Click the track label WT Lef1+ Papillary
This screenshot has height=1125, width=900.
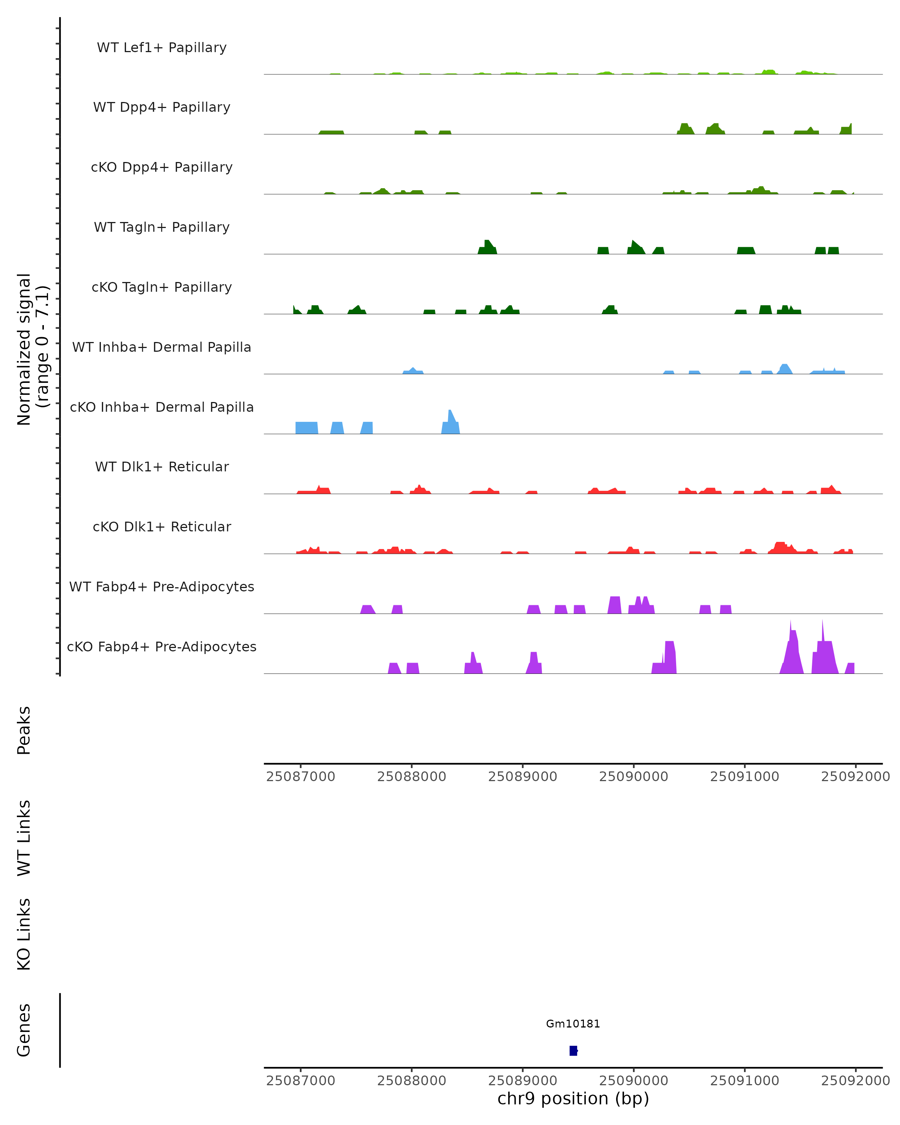(162, 48)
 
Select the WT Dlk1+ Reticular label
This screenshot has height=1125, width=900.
(162, 466)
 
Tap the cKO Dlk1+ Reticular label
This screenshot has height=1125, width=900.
(162, 526)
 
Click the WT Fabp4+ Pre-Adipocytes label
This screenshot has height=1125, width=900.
(162, 586)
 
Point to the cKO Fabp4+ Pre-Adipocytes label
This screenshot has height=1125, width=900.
(162, 646)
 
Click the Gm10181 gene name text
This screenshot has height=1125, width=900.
(573, 1024)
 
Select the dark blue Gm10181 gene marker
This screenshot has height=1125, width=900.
(573, 1051)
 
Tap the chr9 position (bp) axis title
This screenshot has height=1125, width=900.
(573, 1099)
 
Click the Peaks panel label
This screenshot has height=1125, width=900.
(24, 730)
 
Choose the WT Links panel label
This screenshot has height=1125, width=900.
(24, 838)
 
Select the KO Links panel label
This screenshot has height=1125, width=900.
(24, 934)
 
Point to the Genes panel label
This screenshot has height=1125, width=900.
(24, 1030)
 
